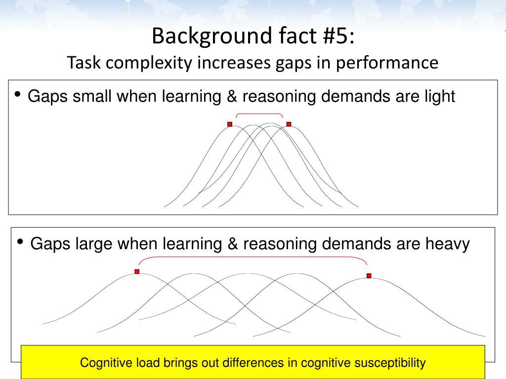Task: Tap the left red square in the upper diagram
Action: tap(230, 124)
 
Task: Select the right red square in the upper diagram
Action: tap(289, 124)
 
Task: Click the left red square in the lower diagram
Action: tap(137, 271)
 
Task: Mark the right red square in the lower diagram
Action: tap(369, 276)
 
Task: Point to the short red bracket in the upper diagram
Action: tap(259, 114)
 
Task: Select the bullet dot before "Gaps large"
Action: tap(20, 242)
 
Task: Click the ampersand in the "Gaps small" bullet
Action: tap(231, 96)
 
